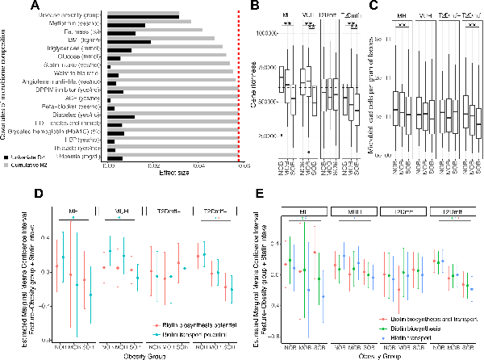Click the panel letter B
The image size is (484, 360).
[x=254, y=8]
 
